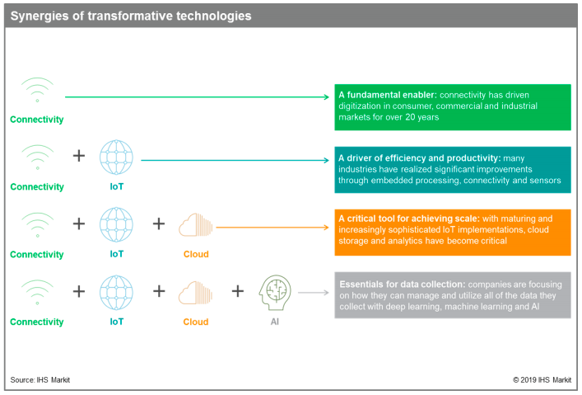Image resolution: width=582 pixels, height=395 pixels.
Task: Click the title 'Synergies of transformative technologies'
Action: click(x=131, y=16)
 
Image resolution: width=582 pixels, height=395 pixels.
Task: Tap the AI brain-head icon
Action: click(x=275, y=293)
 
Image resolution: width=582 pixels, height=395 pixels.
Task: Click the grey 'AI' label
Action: click(x=275, y=322)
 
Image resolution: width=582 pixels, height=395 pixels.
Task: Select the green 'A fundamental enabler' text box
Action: click(x=453, y=107)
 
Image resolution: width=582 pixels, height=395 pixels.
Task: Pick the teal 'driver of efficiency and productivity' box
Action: click(x=453, y=170)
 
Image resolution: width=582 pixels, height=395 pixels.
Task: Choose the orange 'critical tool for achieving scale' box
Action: click(x=453, y=232)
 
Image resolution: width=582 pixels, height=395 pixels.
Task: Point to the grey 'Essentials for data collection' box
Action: click(x=453, y=295)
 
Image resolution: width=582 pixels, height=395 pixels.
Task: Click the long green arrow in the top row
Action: click(x=197, y=97)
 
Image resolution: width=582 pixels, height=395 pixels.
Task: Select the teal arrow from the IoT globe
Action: click(x=235, y=160)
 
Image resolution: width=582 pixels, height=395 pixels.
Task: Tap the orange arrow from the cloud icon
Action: click(x=272, y=228)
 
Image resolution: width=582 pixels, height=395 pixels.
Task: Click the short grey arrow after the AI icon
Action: click(x=314, y=293)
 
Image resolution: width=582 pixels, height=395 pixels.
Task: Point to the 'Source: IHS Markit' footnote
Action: click(x=40, y=380)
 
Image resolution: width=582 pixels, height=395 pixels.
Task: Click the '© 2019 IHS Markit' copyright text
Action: click(x=542, y=380)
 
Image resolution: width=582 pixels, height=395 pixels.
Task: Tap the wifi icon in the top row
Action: click(x=38, y=90)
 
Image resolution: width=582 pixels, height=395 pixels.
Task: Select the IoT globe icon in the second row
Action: click(x=116, y=158)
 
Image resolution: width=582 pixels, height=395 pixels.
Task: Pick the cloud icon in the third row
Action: click(x=196, y=224)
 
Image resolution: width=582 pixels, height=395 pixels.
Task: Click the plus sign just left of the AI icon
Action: click(x=238, y=291)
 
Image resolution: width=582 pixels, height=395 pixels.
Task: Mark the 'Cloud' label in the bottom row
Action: click(x=196, y=322)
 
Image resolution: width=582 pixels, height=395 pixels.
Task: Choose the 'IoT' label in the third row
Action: click(x=117, y=254)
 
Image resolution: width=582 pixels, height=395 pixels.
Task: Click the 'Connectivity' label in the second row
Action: click(x=37, y=186)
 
